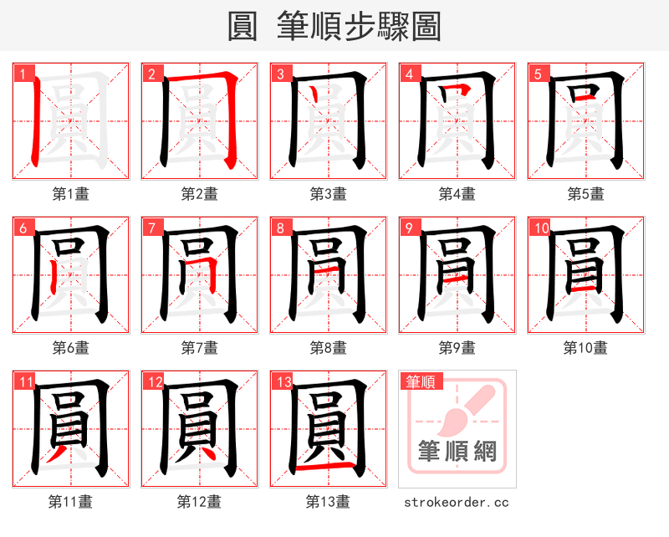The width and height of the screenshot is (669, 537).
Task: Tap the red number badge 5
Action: [537, 74]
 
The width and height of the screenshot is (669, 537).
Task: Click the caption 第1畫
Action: [70, 194]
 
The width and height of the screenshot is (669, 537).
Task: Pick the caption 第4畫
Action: [457, 194]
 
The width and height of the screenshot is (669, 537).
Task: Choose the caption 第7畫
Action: [199, 347]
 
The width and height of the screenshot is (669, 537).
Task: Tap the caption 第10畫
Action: [585, 347]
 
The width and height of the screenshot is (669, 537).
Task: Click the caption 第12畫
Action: [199, 501]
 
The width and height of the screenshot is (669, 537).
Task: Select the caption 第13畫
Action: [328, 501]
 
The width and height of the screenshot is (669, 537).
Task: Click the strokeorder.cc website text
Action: [457, 502]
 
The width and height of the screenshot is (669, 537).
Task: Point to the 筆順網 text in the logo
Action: [457, 453]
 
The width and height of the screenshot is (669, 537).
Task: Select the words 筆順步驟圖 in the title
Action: [359, 26]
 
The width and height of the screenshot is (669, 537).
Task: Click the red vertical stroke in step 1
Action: [36, 121]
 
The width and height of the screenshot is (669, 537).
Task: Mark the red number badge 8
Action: [280, 228]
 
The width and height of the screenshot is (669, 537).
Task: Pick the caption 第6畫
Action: [70, 347]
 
